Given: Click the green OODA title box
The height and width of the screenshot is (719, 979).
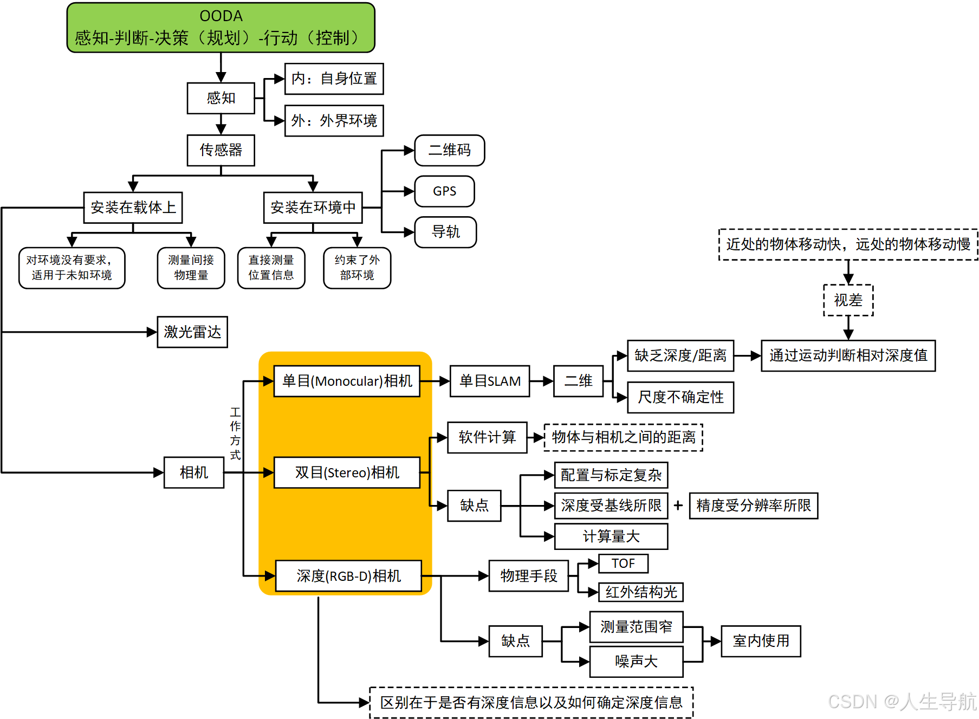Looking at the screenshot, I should pos(221,28).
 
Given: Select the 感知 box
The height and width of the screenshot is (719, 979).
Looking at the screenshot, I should pos(221,98).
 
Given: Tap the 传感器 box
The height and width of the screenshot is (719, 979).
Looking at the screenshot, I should pos(221,150).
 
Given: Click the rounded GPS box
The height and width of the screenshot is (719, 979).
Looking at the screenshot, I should pos(444,191).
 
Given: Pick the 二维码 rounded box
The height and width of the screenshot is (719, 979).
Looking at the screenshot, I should pos(449,150).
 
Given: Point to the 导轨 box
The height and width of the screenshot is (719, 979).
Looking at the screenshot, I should pos(445,232).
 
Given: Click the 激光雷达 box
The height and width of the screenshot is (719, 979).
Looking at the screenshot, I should pos(192,332).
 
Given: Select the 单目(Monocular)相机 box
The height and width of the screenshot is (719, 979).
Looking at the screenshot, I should pos(347,381).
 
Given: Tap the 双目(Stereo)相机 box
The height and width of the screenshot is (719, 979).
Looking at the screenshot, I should pos(347,472).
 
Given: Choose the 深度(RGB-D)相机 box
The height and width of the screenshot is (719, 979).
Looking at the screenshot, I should pos(348,576).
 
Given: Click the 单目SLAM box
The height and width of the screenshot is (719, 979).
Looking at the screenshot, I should pos(490,381).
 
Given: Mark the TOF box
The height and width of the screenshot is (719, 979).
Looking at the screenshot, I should pos(623,563).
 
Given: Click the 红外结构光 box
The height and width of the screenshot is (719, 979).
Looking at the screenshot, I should pos(641,592).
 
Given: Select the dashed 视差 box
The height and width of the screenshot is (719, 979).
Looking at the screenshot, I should pos(848,300).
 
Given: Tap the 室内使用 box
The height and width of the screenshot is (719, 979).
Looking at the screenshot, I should pos(761,641).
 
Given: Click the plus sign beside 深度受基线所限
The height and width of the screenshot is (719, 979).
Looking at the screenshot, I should pos(678,506).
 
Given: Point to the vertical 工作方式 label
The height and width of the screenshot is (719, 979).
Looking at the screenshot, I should pos(235,433).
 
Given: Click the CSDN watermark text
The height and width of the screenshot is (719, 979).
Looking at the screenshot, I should pos(902,702).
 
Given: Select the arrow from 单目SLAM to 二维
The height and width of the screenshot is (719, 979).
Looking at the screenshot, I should pos(541,381).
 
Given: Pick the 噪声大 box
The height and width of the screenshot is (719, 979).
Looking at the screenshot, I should pos(636,662).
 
